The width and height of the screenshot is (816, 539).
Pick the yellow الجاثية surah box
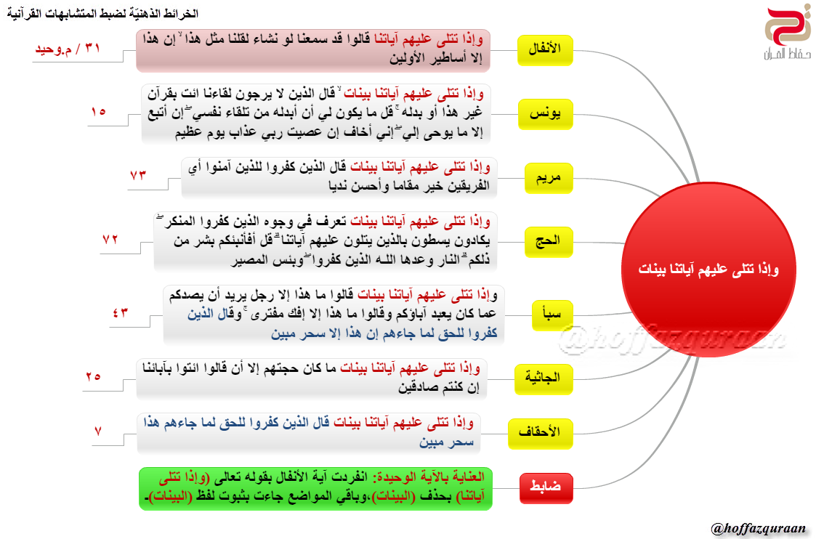pyautogui.click(x=544, y=378)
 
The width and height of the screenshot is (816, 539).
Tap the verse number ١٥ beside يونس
pyautogui.click(x=98, y=112)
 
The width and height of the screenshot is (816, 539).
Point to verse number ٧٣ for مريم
pyautogui.click(x=138, y=176)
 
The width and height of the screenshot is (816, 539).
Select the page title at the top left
pyautogui.click(x=98, y=14)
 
